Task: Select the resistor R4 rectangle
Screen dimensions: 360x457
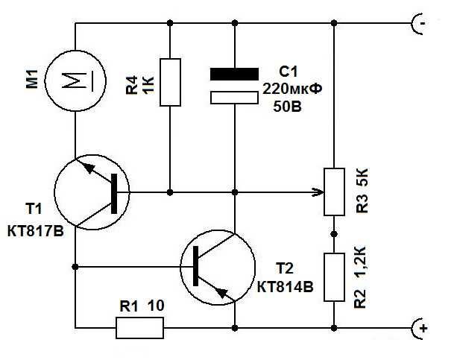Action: pyautogui.click(x=171, y=81)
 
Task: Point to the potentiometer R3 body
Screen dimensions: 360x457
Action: pyautogui.click(x=333, y=191)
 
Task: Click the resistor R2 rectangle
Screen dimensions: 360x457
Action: pyautogui.click(x=333, y=276)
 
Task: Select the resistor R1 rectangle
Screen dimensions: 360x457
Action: pyautogui.click(x=139, y=326)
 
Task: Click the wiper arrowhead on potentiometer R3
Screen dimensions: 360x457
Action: pyautogui.click(x=319, y=193)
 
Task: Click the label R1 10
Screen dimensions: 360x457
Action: pyautogui.click(x=142, y=305)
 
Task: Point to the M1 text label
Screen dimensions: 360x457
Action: pyautogui.click(x=31, y=79)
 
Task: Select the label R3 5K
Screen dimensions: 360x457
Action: pyautogui.click(x=363, y=191)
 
